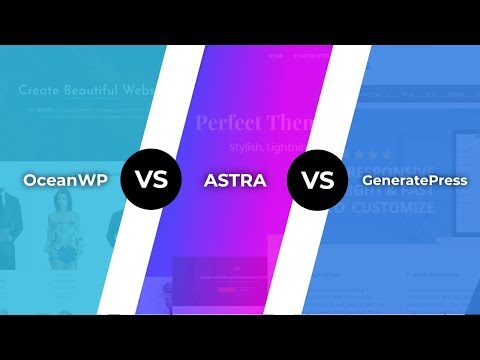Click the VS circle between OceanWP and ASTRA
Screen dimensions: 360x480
(150, 182)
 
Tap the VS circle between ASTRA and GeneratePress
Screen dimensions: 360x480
(316, 182)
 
